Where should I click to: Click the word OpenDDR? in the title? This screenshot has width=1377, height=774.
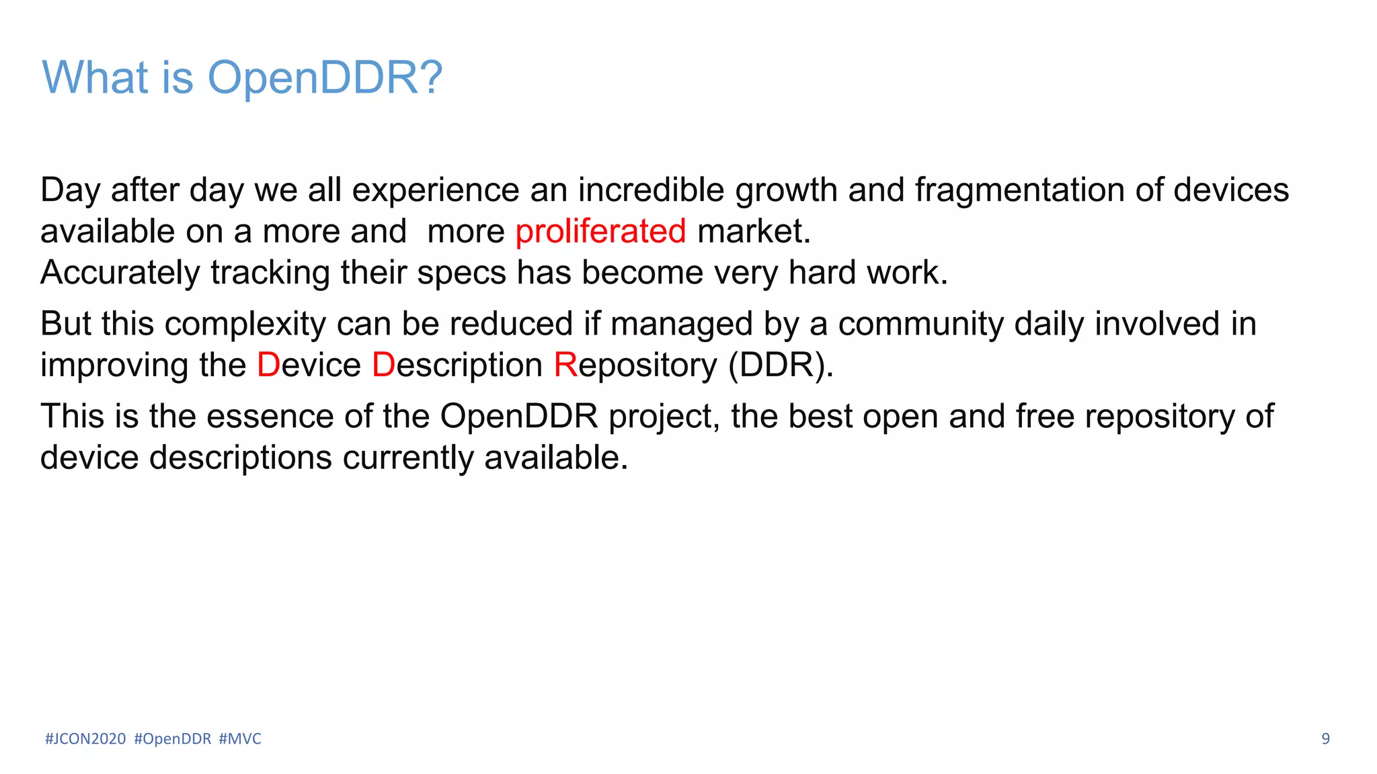click(x=325, y=78)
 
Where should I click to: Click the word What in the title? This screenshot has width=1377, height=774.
click(x=95, y=78)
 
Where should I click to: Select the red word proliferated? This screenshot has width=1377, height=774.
click(x=600, y=232)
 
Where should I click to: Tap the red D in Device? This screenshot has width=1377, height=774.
click(x=268, y=365)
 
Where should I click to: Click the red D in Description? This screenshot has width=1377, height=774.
click(x=383, y=365)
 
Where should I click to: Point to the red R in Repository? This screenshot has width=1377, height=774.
click(x=565, y=365)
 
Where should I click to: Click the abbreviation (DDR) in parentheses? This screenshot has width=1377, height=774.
click(x=780, y=365)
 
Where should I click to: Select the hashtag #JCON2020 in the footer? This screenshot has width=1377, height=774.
click(x=85, y=739)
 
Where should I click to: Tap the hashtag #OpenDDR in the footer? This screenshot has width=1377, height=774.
click(x=173, y=739)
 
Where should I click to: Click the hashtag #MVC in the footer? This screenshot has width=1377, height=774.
click(x=240, y=739)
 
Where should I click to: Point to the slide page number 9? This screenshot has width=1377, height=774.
click(x=1325, y=739)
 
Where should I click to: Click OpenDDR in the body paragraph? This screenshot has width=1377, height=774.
click(x=518, y=417)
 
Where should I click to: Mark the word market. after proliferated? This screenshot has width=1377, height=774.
click(x=754, y=232)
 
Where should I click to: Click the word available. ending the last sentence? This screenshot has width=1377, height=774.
click(x=555, y=458)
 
